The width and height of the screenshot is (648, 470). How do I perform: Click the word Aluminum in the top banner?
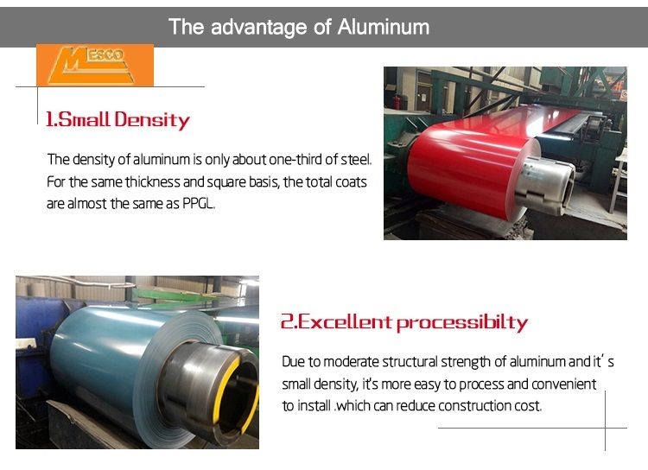383,27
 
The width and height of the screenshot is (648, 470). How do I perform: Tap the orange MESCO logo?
94,65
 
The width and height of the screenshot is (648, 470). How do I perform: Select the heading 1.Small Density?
118,120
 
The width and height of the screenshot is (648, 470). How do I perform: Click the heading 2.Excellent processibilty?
403,323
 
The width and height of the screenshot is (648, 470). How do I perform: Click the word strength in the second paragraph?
465,362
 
